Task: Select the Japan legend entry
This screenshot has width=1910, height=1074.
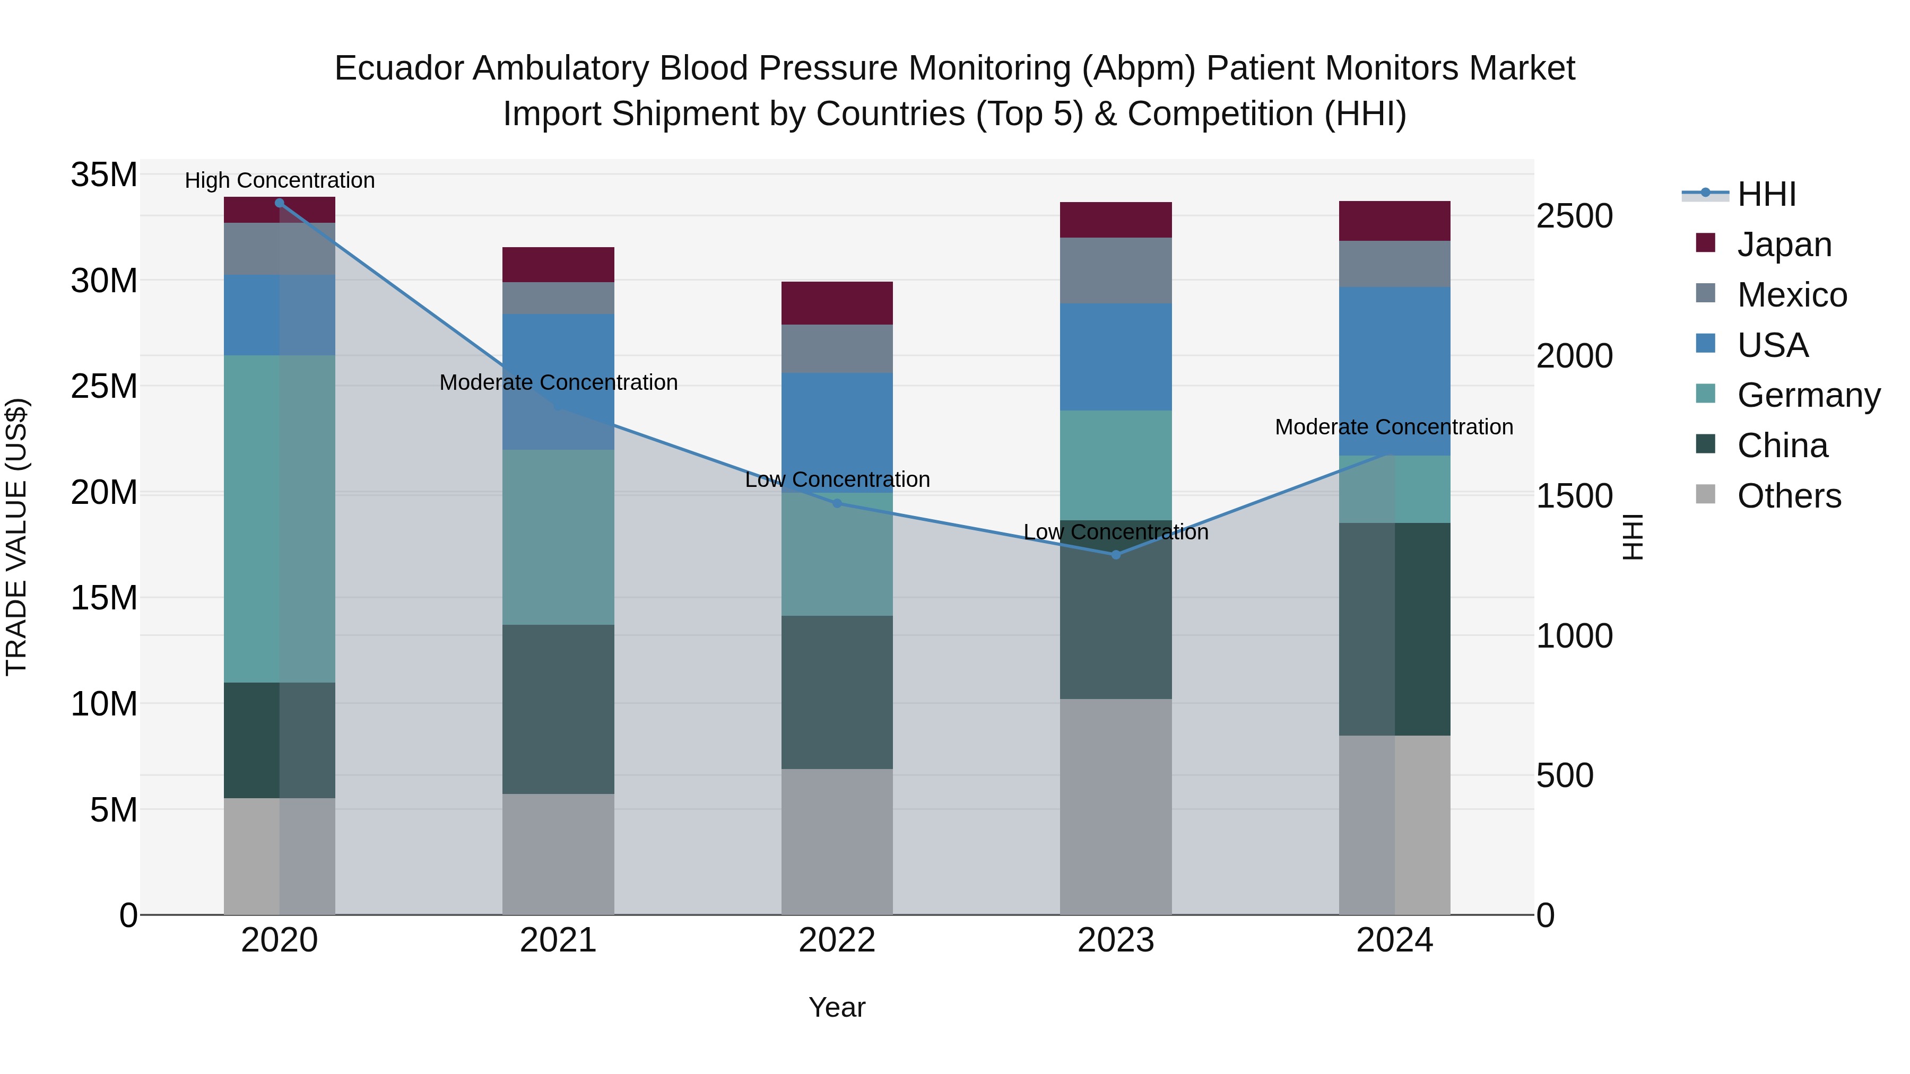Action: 1783,245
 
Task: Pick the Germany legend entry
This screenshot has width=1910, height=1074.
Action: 1808,395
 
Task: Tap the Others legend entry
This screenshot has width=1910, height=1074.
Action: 1789,496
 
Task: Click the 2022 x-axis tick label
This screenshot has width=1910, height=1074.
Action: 836,940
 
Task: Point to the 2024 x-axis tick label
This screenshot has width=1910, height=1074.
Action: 1394,940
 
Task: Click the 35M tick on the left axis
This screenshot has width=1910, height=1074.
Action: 104,176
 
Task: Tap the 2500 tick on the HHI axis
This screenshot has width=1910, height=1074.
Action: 1574,216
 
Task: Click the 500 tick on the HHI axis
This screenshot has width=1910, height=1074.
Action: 1565,776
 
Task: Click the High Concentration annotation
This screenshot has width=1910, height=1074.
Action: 280,180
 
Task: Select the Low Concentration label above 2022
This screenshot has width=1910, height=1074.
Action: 837,479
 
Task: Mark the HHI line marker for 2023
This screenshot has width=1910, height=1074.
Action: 1115,554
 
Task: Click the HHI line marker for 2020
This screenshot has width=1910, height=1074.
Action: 280,203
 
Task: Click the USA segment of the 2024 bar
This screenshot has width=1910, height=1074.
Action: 1394,371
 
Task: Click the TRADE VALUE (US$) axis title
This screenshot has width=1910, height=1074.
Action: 16,537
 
